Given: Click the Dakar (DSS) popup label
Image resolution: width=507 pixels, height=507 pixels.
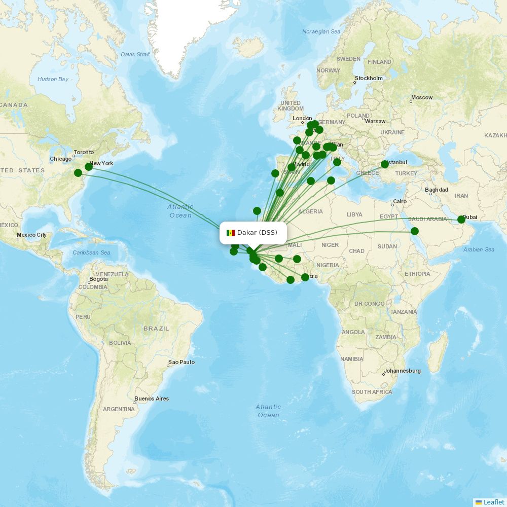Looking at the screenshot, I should click(x=257, y=233).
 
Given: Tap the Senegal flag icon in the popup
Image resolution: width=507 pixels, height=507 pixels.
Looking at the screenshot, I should click(x=231, y=233).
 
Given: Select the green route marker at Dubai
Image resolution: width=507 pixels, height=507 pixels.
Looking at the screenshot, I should click(x=461, y=220).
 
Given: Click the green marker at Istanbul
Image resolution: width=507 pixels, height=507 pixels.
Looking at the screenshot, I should click(x=385, y=164).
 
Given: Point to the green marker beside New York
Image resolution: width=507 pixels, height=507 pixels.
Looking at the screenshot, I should click(x=89, y=166).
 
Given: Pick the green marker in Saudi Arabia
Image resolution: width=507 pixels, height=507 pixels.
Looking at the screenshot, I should click(x=415, y=231).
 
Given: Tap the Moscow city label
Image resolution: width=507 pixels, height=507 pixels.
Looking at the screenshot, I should click(x=422, y=97).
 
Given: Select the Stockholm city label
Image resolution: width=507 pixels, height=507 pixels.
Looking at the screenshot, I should click(x=369, y=78).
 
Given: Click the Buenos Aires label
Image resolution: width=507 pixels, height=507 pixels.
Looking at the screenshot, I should click(x=152, y=399).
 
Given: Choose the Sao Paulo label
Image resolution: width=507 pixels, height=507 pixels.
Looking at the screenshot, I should click(x=182, y=362).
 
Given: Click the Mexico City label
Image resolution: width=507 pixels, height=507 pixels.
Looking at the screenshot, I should click(x=31, y=235).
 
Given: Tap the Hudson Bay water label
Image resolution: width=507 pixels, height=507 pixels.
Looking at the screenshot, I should click(x=53, y=79).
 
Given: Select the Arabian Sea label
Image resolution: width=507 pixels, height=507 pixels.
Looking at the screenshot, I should click(x=479, y=249).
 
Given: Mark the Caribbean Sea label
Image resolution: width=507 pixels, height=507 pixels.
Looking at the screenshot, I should click(x=91, y=252).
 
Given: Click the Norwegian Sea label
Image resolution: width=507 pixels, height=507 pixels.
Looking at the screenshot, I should click(x=321, y=31).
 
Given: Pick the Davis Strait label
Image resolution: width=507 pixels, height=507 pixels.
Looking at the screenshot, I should click(x=135, y=54).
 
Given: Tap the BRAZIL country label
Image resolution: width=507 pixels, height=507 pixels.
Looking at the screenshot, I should click(x=156, y=329).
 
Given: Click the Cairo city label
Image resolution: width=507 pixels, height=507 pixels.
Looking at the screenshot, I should click(x=400, y=201).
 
